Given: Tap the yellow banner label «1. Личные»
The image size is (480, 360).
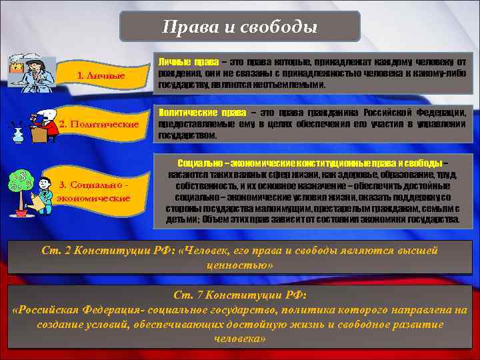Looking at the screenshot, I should pos(101,76).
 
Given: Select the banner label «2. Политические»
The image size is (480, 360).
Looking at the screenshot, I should pos(99,124).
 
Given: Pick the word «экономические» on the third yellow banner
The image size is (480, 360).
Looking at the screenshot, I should pos(93,198).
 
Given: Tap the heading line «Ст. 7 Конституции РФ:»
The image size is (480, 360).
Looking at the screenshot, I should pos(239,295).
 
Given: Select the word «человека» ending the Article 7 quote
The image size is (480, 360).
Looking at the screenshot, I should pos(239,339).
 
